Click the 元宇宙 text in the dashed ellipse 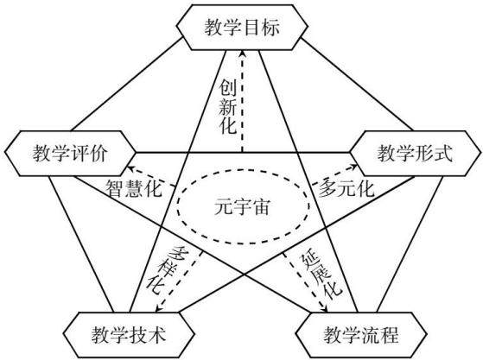coord(242,206)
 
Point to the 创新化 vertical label coord(228,107)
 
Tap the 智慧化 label coord(134,188)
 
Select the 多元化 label coord(346,188)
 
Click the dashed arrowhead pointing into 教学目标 coord(243,54)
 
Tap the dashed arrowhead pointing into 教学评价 coord(130,168)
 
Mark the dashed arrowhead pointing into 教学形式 coord(354,167)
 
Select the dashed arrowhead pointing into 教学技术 coord(159,308)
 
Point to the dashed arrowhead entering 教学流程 coord(324,309)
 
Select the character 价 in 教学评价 coord(99,153)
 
